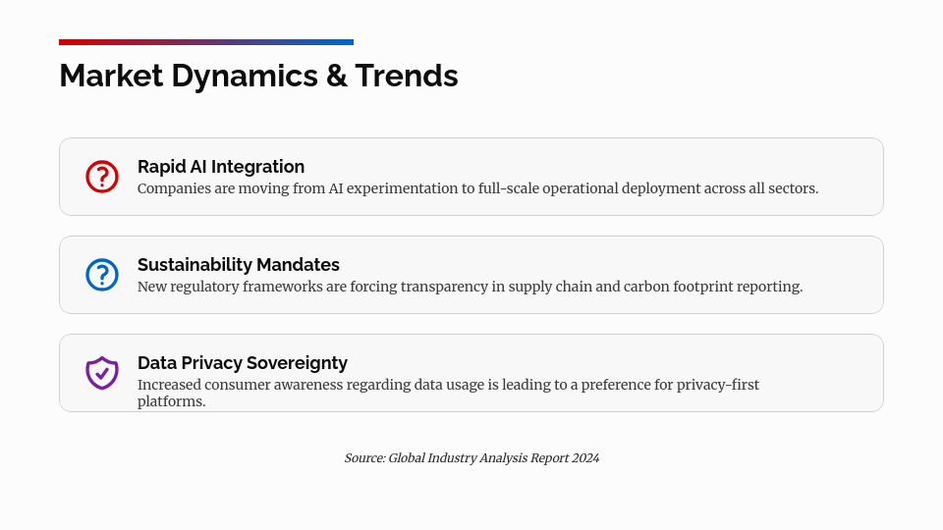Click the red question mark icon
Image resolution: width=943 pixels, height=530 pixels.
[x=102, y=177]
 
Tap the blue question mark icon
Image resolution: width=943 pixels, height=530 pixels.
[x=102, y=275]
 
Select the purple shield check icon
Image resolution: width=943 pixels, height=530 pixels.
[x=102, y=373]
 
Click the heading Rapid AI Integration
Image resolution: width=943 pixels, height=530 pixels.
[x=221, y=167]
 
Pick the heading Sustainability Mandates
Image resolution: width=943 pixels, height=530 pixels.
[x=239, y=265]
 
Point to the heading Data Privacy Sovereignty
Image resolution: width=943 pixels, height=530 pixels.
[x=243, y=363]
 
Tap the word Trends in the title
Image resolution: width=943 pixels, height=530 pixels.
[x=407, y=76]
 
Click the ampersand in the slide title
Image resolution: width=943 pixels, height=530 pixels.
[x=336, y=76]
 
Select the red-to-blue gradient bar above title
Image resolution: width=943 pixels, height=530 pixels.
[x=206, y=42]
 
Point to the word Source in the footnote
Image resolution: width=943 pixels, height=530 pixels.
[x=363, y=458]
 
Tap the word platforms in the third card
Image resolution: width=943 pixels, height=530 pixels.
[x=171, y=401]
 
